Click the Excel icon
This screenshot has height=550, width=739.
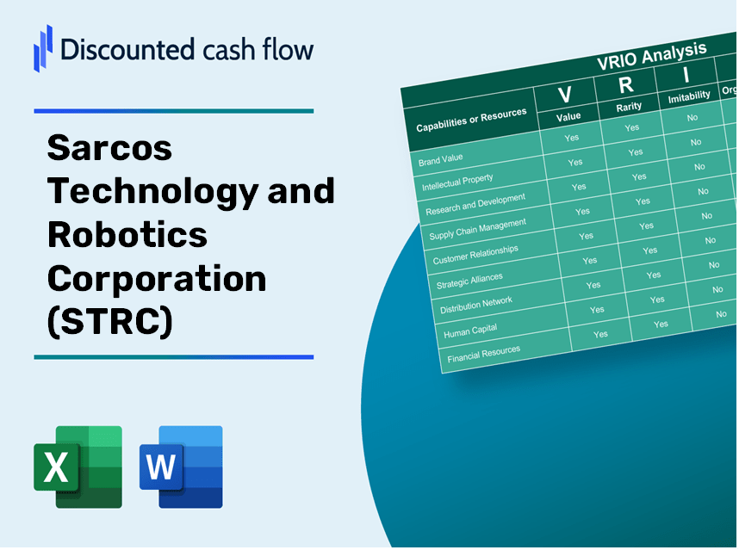[78, 467]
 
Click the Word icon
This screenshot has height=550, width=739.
[182, 467]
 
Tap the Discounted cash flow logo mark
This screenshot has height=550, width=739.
[42, 47]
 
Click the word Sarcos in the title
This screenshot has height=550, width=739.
[109, 148]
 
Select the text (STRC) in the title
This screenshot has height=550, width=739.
[109, 321]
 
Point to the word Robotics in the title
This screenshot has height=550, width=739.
[127, 234]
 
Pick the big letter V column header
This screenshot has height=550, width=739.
[566, 94]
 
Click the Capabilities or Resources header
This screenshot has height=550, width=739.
[470, 121]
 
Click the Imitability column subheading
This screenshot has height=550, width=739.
[689, 96]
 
